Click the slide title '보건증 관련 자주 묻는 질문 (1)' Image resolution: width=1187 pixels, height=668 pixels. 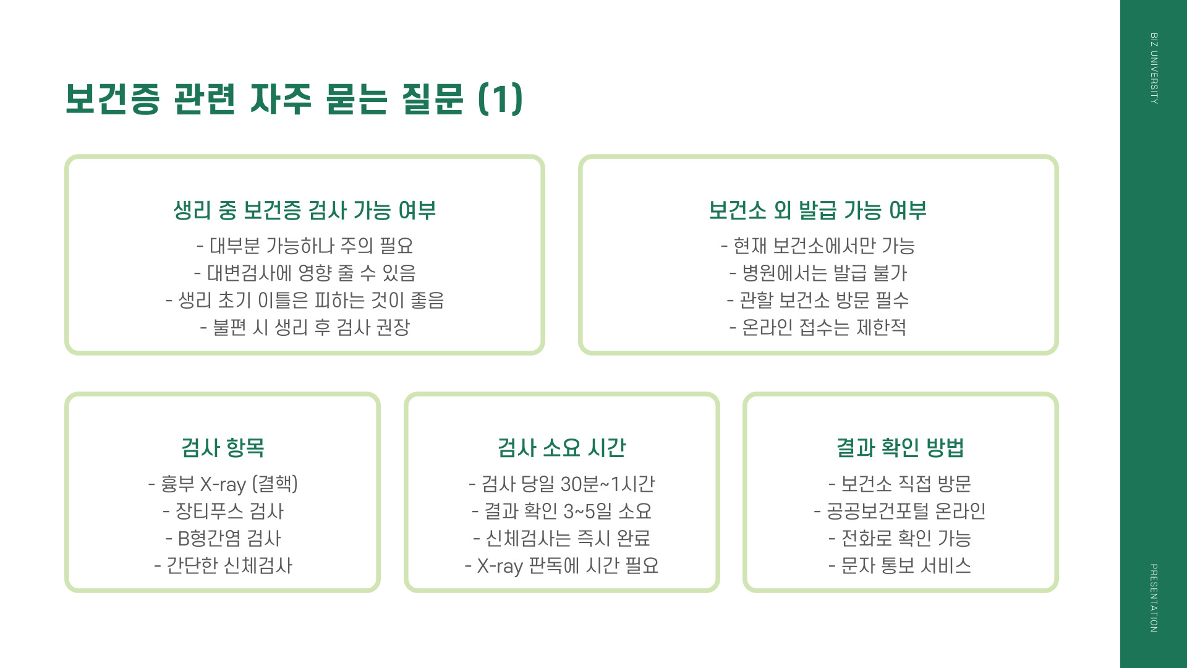(x=294, y=99)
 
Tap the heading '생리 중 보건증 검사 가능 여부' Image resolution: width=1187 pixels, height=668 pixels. (x=305, y=210)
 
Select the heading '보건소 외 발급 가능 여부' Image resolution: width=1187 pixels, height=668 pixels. (x=817, y=210)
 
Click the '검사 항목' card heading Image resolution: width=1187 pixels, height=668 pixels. (x=223, y=447)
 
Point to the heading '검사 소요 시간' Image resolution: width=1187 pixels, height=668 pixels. (x=561, y=447)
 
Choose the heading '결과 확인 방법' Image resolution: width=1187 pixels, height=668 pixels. (x=900, y=447)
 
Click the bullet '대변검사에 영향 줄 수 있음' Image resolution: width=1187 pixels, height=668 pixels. (x=305, y=273)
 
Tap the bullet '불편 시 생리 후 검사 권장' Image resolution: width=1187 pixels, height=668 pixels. (x=305, y=327)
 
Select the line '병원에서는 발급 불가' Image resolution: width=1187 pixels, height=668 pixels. (x=817, y=273)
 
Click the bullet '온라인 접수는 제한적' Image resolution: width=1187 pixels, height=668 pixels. (x=817, y=327)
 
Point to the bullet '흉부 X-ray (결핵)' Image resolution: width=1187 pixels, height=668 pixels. (x=223, y=484)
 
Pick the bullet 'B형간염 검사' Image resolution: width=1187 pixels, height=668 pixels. (x=223, y=538)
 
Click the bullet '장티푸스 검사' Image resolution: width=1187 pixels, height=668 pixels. (x=223, y=511)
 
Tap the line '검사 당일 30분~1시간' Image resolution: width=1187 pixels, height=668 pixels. (x=561, y=484)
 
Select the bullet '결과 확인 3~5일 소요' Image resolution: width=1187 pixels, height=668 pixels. (x=561, y=511)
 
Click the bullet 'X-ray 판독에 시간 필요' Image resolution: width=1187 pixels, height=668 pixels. (x=561, y=565)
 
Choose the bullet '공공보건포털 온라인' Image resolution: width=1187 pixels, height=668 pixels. (x=900, y=511)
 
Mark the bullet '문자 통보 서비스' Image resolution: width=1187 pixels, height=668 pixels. (x=900, y=565)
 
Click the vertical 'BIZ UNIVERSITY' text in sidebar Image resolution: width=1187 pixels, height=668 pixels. (x=1154, y=68)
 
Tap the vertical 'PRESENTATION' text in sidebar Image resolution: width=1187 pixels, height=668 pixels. (x=1154, y=597)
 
